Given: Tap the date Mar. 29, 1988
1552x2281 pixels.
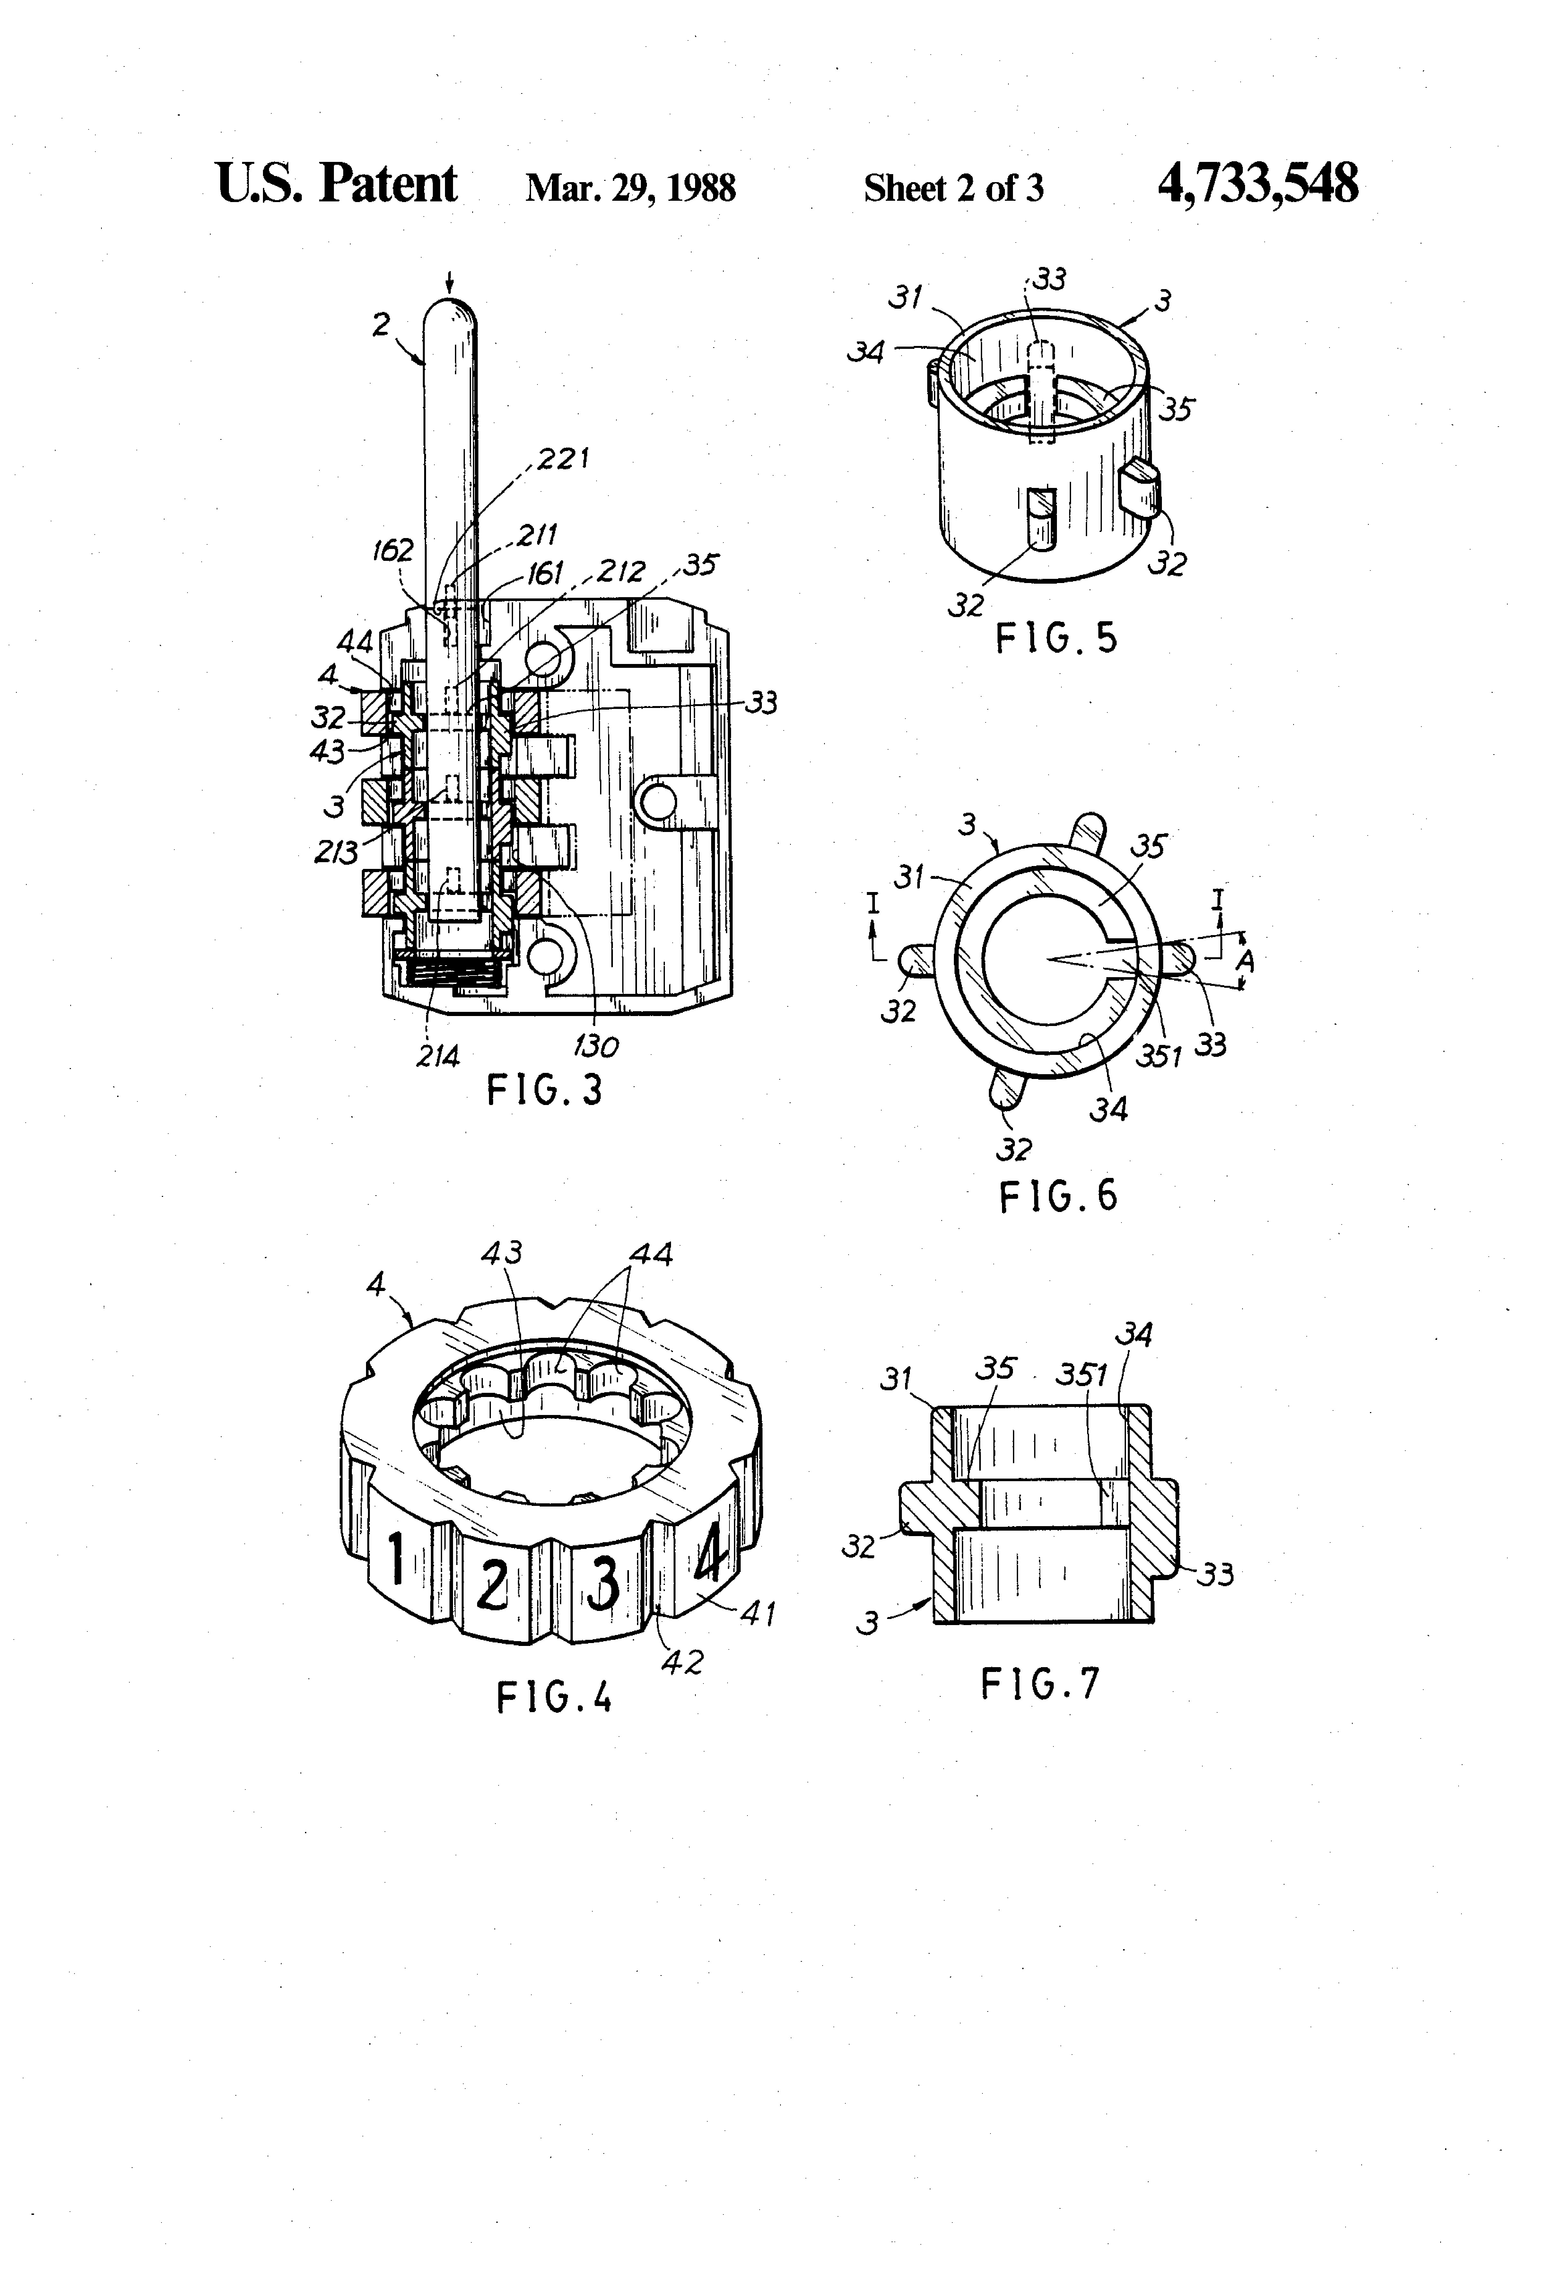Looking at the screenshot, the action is [631, 188].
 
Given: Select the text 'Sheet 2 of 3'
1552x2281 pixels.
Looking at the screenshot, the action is [954, 188].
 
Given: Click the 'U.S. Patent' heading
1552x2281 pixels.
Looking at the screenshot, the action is [336, 183].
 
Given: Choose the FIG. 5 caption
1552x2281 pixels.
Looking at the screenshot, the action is [1057, 639].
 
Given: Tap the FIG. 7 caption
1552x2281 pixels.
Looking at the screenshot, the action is [1041, 1684].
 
